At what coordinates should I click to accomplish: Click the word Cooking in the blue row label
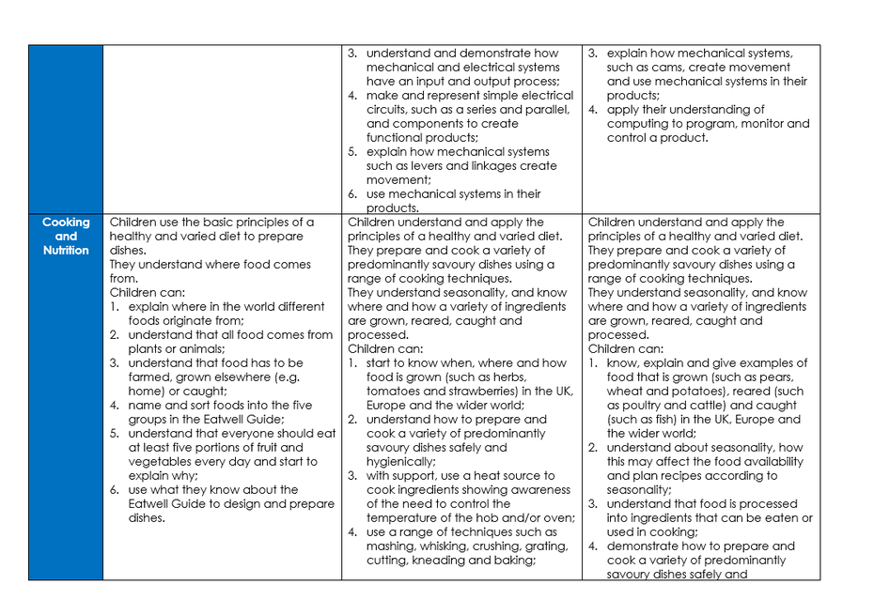pyautogui.click(x=66, y=223)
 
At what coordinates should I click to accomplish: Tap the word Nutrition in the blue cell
pyautogui.click(x=66, y=251)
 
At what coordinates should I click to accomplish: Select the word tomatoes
pyautogui.click(x=397, y=392)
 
